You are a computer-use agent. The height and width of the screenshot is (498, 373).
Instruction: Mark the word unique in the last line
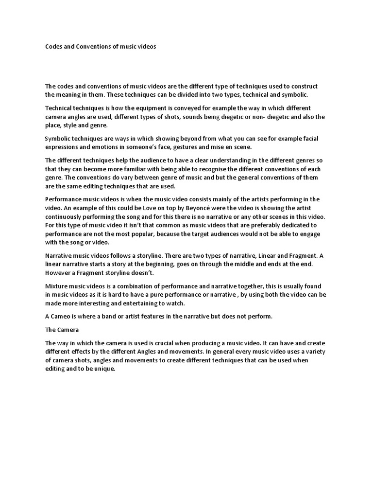click(x=105, y=368)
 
